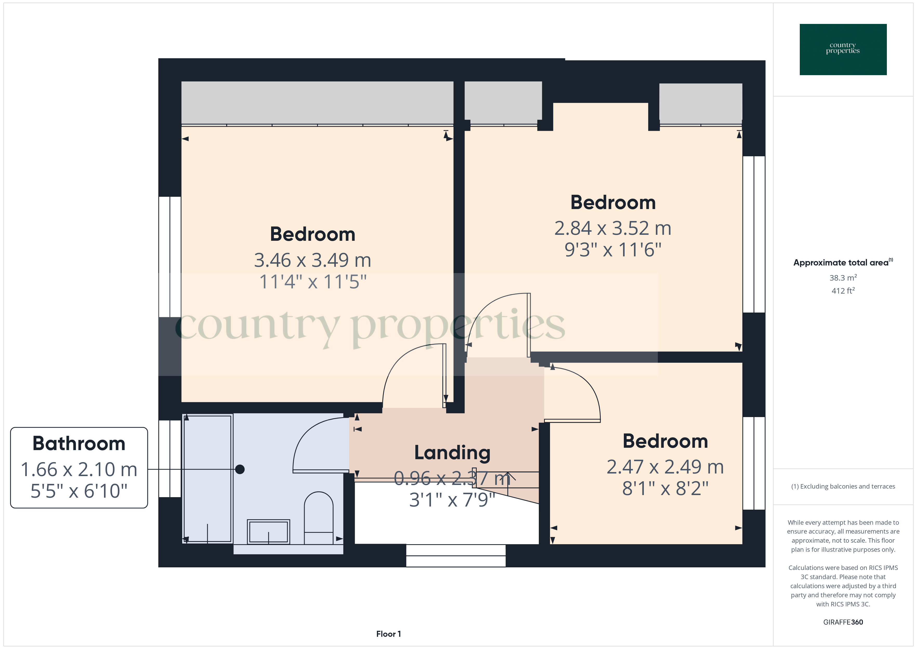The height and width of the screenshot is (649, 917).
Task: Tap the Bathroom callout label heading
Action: pos(79,444)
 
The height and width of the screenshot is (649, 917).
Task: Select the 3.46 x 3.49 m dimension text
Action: pos(312,260)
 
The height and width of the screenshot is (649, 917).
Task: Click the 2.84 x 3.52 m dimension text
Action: pos(613,228)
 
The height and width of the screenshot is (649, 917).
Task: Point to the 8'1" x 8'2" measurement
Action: pos(665,488)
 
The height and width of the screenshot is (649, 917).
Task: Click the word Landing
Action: pos(452,452)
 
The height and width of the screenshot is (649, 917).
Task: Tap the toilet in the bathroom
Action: pos(318,517)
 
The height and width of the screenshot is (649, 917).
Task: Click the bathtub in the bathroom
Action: pos(208,479)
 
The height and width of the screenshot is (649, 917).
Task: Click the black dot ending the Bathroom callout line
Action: pos(240,469)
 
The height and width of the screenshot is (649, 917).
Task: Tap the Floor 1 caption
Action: pos(388,634)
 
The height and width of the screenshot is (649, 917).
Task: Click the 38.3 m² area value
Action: pos(843,278)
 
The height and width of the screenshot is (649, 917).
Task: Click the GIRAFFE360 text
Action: pos(843,622)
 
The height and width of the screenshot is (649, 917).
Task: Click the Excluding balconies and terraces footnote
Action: pos(843,486)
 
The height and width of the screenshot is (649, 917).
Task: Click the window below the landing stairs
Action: pos(456,555)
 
